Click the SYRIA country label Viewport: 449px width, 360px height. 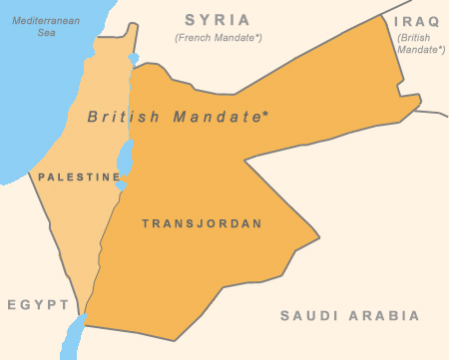(218, 19)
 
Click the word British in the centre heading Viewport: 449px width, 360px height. (123, 117)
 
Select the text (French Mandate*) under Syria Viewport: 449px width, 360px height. (218, 38)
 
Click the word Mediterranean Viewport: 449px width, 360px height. (45, 18)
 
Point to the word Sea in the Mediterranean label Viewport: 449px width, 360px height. (45, 32)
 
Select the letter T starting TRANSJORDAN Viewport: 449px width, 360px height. (145, 223)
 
